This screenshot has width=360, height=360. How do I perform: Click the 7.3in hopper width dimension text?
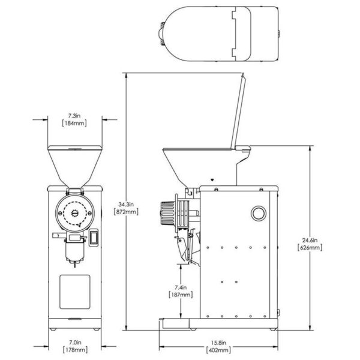click(74, 114)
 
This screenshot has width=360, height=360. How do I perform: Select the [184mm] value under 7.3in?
click(74, 122)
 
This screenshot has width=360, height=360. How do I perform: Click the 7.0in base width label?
click(74, 344)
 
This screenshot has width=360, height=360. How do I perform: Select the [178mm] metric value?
click(74, 352)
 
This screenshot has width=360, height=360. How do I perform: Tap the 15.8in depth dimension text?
click(220, 344)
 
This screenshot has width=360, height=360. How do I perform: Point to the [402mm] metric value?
click(220, 352)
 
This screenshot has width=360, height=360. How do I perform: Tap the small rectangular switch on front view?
click(93, 239)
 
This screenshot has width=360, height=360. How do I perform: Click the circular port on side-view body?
click(257, 212)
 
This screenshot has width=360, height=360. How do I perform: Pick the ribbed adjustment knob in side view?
click(169, 212)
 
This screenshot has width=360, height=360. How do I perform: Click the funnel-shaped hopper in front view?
click(75, 165)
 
